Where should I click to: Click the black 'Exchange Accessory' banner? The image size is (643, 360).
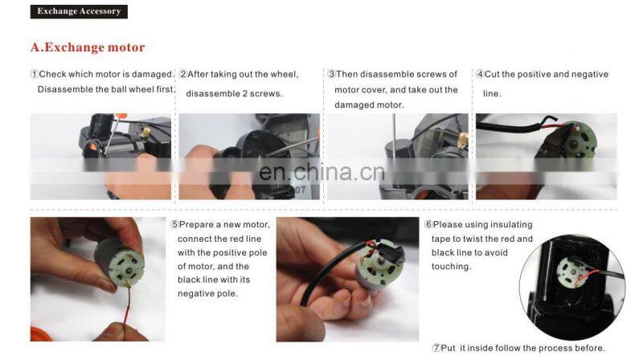coord(79,11)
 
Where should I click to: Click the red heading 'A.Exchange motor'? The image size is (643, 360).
coord(88,47)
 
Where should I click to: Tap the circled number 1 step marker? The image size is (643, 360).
coord(35,74)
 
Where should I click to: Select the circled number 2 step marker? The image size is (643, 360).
coord(183,74)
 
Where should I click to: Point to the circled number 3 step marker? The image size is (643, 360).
coord(332,74)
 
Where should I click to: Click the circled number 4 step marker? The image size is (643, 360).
coord(480,74)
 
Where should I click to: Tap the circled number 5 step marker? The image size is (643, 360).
coord(174,225)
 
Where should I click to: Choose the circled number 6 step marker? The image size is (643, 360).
coord(428,225)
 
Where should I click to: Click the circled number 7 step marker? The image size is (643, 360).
coord(436,348)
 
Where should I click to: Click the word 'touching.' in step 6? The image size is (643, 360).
coord(451,267)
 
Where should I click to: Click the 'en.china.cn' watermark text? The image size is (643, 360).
coord(322,172)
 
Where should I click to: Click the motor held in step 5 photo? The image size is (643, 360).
coord(119,263)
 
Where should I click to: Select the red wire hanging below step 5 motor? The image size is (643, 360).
coord(127,305)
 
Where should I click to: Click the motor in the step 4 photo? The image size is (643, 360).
coord(576,141)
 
